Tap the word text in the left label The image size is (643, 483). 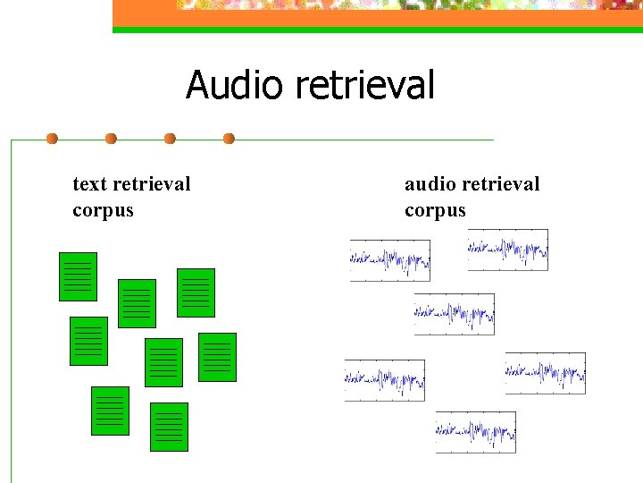[x=88, y=184]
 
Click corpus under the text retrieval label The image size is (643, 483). [x=103, y=211]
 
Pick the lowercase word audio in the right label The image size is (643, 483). [x=428, y=184]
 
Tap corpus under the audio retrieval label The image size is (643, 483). [x=435, y=211]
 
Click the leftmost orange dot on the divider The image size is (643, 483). [x=52, y=139]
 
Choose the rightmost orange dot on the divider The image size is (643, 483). [x=229, y=139]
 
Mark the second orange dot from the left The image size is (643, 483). [x=111, y=139]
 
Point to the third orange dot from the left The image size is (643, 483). [x=170, y=139]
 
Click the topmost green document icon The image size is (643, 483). [x=78, y=276]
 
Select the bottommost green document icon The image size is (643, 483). [x=169, y=427]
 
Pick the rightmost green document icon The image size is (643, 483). [x=217, y=357]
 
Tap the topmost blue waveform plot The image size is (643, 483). [x=507, y=250]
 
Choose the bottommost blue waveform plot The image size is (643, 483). [x=475, y=432]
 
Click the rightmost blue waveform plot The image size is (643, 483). [x=545, y=373]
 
